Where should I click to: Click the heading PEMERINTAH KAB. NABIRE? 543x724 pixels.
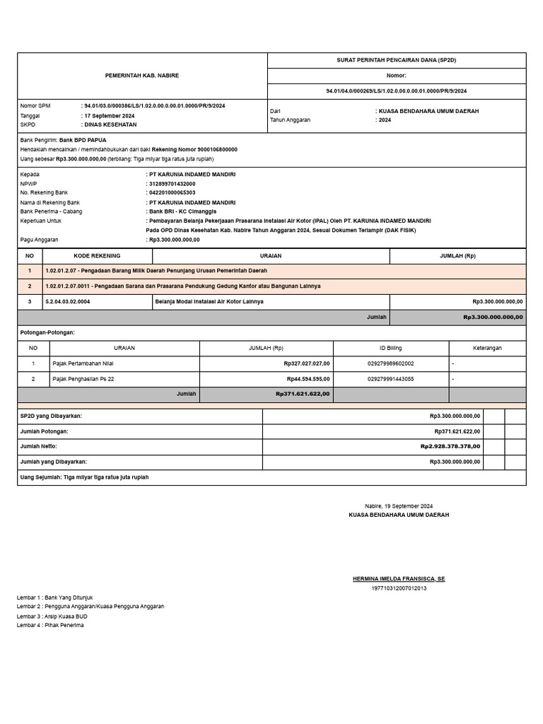(142, 75)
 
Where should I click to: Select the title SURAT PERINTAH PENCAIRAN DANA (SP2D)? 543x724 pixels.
(396, 61)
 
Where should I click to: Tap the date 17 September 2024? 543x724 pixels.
(110, 115)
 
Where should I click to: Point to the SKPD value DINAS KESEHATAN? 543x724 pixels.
(110, 124)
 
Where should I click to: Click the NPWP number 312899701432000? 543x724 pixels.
(172, 183)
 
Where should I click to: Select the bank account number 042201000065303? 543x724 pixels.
(172, 192)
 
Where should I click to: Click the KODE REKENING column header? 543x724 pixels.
(97, 256)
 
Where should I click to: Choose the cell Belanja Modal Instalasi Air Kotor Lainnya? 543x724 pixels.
(209, 301)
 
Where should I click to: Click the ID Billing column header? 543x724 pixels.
(390, 348)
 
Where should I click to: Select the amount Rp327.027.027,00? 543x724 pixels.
(306, 363)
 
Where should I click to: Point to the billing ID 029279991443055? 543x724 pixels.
(391, 379)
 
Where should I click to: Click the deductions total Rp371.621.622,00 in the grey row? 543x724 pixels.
(303, 394)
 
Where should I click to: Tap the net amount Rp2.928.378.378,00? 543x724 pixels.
(450, 446)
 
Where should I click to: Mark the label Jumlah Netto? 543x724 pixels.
(39, 446)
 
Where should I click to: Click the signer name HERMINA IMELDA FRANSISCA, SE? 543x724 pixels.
(399, 578)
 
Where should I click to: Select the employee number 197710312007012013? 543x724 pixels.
(399, 588)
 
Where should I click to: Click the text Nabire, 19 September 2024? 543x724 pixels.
(399, 506)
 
